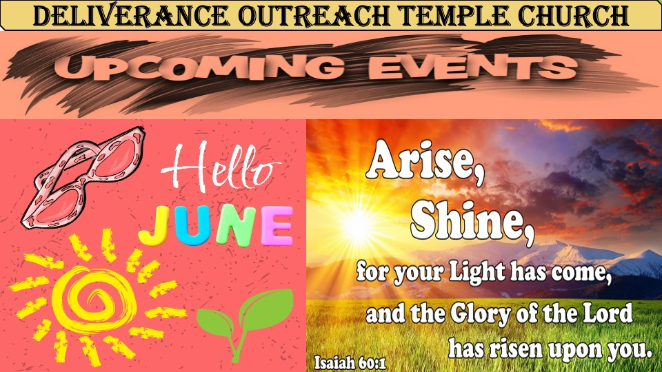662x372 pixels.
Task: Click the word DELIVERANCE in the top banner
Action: pos(132,16)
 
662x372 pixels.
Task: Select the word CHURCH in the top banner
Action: pos(573,16)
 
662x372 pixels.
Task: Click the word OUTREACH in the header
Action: pos(314,16)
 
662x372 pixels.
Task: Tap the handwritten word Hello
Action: pos(221,167)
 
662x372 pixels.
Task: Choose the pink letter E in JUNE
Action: pos(277,226)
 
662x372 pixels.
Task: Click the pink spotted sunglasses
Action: pos(83,177)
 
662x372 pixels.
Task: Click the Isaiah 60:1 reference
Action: pos(350,363)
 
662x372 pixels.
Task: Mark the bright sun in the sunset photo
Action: pos(358,226)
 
